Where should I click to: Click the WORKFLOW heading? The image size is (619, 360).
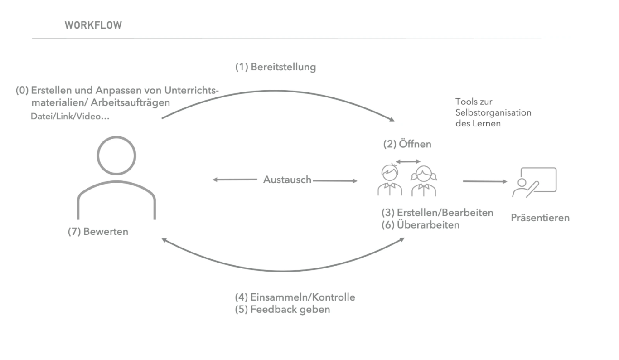click(x=94, y=25)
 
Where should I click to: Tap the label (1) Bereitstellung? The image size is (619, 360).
click(x=275, y=68)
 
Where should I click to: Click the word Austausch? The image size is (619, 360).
click(x=287, y=180)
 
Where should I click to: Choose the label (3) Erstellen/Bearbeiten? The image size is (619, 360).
click(x=438, y=213)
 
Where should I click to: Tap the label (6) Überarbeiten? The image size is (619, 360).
click(x=421, y=224)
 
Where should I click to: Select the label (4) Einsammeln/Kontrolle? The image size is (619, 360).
click(x=295, y=298)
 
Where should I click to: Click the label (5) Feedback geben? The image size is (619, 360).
click(x=282, y=310)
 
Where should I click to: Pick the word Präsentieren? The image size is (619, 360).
click(x=540, y=218)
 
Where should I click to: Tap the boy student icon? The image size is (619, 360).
click(x=390, y=180)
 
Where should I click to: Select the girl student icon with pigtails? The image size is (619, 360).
click(x=424, y=180)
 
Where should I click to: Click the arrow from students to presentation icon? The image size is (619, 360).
click(x=484, y=182)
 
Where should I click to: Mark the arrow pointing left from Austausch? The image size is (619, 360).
click(x=234, y=180)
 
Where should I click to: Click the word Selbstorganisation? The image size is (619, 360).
click(x=493, y=113)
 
